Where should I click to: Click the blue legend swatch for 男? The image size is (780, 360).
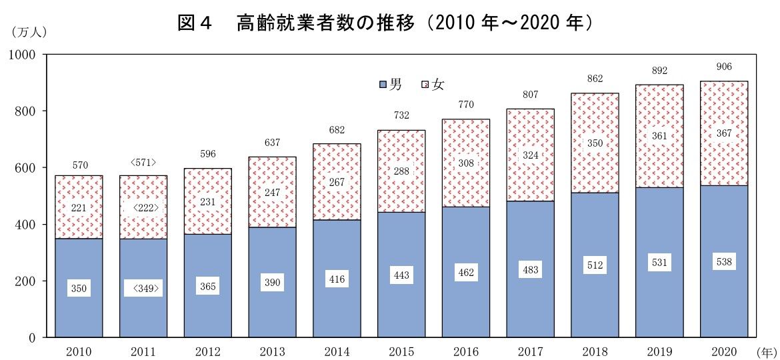(383, 85)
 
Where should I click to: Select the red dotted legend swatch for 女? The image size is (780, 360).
(425, 85)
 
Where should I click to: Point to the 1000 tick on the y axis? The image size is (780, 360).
(25, 55)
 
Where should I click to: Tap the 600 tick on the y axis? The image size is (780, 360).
(27, 168)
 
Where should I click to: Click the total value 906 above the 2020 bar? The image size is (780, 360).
(724, 66)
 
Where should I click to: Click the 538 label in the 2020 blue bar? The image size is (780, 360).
(724, 262)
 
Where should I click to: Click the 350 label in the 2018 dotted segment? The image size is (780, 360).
(595, 143)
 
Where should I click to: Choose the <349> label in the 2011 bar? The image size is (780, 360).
(143, 289)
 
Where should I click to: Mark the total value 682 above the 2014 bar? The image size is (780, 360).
(337, 130)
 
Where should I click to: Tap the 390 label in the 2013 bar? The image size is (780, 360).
(272, 283)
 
